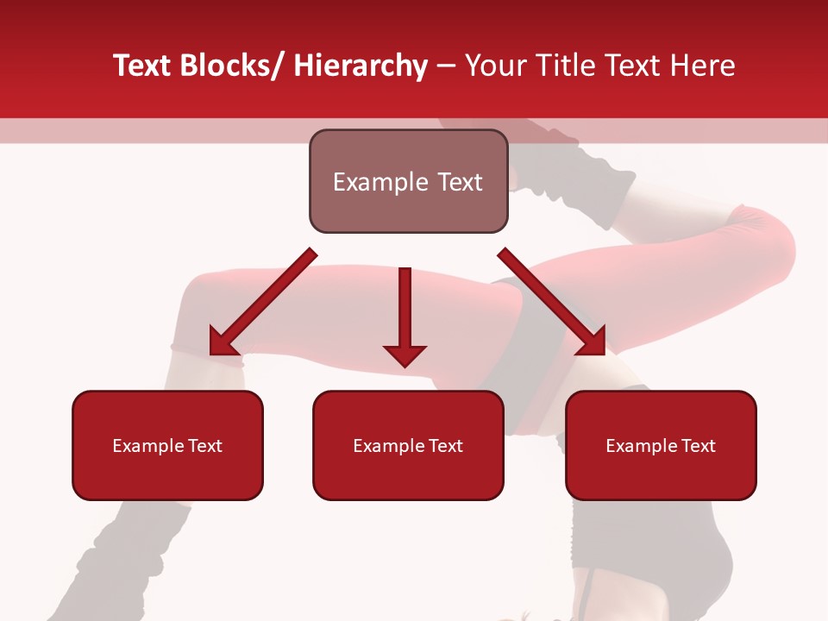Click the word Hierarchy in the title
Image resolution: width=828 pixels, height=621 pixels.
361,66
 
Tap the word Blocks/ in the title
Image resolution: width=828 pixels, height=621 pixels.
231,66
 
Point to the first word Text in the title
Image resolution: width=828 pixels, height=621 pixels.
143,66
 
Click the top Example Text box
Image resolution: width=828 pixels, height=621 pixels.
408,181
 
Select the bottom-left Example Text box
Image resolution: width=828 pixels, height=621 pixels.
167,445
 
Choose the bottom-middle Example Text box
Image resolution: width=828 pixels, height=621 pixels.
408,445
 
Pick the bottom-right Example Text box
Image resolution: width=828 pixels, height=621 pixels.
661,445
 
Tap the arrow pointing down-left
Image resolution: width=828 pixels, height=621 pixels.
263,302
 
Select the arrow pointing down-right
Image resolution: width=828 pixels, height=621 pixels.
552,302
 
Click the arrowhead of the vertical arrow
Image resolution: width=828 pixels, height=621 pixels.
405,354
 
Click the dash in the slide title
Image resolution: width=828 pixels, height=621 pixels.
446,66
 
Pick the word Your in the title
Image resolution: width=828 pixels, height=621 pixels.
493,66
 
